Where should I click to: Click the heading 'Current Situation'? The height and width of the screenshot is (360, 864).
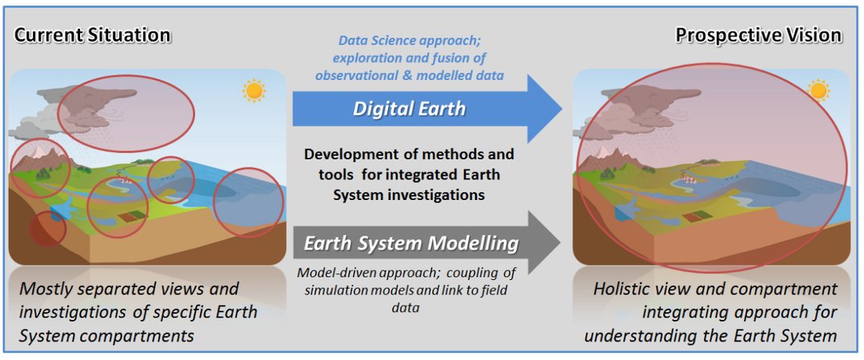pos(92,36)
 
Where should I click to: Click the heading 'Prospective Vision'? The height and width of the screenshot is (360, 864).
pos(758,36)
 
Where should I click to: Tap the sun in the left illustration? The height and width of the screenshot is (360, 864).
pos(254,90)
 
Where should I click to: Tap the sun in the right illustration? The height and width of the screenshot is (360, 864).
pos(819,90)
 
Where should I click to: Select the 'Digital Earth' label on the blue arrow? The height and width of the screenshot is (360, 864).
pos(409,109)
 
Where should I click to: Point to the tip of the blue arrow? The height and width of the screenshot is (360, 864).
pos(562,109)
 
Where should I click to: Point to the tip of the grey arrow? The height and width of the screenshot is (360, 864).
pos(560,242)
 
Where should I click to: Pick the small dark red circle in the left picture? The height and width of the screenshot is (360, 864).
pos(47,228)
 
